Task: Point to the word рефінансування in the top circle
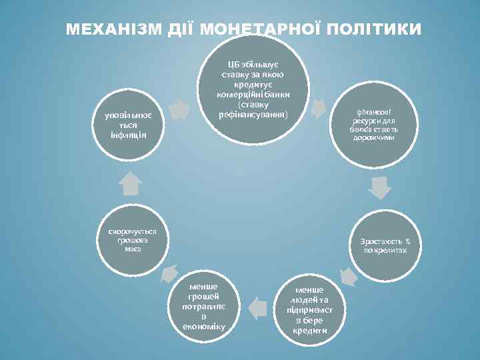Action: coord(253,115)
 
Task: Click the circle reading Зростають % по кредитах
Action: coord(385,245)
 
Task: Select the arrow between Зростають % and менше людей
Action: coord(347,274)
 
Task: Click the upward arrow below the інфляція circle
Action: coord(131,183)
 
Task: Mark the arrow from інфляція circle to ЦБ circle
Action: coord(179,109)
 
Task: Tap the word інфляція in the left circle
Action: coord(123,135)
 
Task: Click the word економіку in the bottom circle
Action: coord(204,327)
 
